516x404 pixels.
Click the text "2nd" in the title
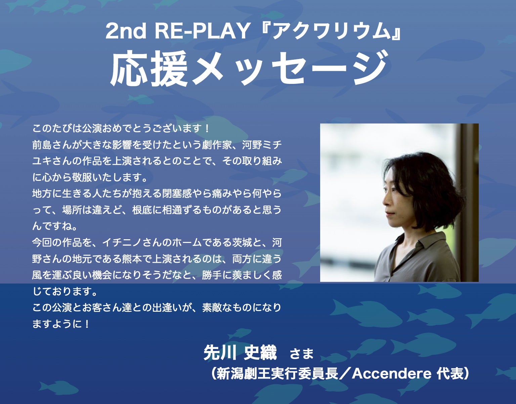pyautogui.click(x=126, y=31)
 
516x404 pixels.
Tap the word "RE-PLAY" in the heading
pyautogui.click(x=202, y=31)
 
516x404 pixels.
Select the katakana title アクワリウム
pyautogui.click(x=332, y=31)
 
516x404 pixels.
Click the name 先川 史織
pyautogui.click(x=240, y=353)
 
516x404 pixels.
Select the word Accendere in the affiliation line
pyautogui.click(x=392, y=374)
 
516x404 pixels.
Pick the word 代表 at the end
pyautogui.click(x=450, y=374)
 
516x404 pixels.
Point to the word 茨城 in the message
pyautogui.click(x=242, y=243)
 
